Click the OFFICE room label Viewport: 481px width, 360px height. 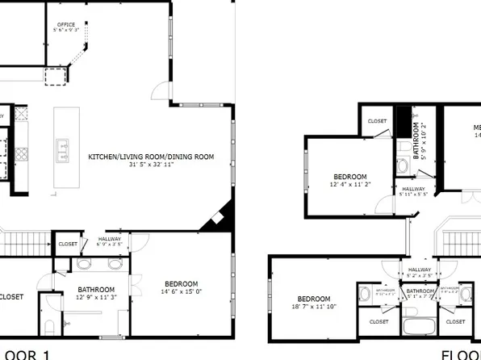pyautogui.click(x=66, y=25)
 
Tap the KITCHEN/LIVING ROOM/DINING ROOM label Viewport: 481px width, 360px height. pyautogui.click(x=151, y=157)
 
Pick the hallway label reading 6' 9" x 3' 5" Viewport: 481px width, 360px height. pyautogui.click(x=110, y=241)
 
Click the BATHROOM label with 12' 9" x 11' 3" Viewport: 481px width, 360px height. pyautogui.click(x=96, y=289)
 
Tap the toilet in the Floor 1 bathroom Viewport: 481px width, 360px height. pyautogui.click(x=48, y=328)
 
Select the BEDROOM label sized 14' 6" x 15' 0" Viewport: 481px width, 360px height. pyautogui.click(x=182, y=283)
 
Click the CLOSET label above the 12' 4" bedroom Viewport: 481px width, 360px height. pyautogui.click(x=377, y=121)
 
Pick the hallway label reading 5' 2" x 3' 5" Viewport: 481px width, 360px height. pyautogui.click(x=420, y=273)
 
